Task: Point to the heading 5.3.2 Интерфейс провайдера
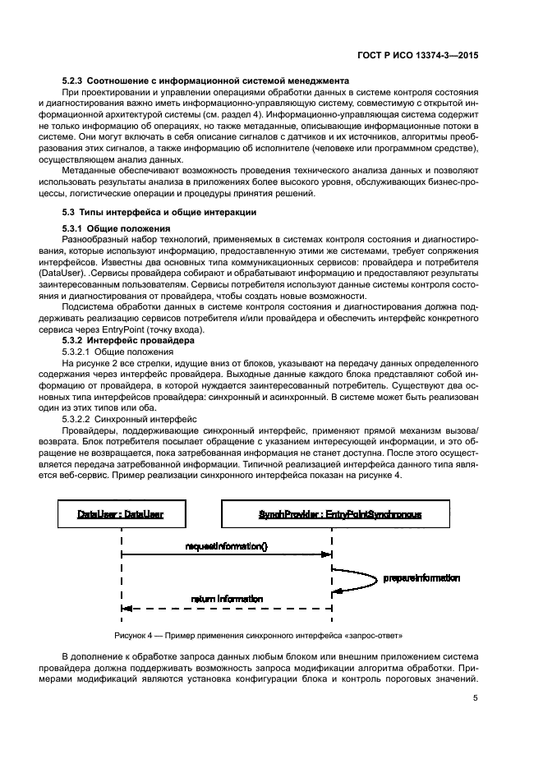click(x=128, y=339)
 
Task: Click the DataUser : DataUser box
click(x=121, y=515)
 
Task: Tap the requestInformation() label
click(x=227, y=546)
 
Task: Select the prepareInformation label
click(x=421, y=578)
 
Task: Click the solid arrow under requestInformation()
click(x=227, y=556)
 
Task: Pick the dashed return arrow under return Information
click(x=227, y=609)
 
